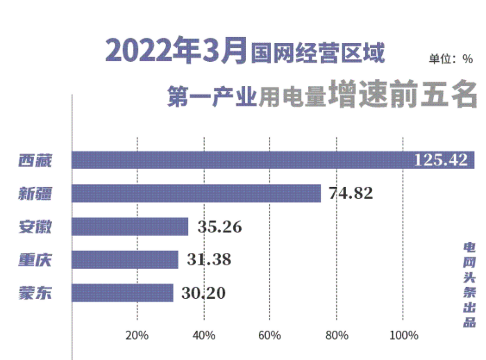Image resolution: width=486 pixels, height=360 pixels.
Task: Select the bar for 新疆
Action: tap(196, 193)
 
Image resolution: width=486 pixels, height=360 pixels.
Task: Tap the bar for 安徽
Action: tap(131, 227)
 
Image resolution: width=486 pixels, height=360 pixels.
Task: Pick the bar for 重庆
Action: tap(126, 259)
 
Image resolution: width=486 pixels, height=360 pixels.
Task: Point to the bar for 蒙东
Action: tap(123, 293)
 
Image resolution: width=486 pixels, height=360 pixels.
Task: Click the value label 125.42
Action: tap(441, 161)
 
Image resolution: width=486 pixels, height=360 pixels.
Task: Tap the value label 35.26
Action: tap(219, 227)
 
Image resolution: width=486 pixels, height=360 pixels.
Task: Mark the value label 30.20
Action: tap(204, 293)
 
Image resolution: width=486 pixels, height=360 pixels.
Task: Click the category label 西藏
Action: tap(35, 161)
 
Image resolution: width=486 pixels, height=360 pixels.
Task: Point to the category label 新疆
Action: tap(35, 194)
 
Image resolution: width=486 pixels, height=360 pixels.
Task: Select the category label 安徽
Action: tap(35, 227)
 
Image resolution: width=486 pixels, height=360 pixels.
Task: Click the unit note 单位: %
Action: tap(451, 59)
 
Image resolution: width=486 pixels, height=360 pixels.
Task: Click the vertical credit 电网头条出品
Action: tap(470, 285)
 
